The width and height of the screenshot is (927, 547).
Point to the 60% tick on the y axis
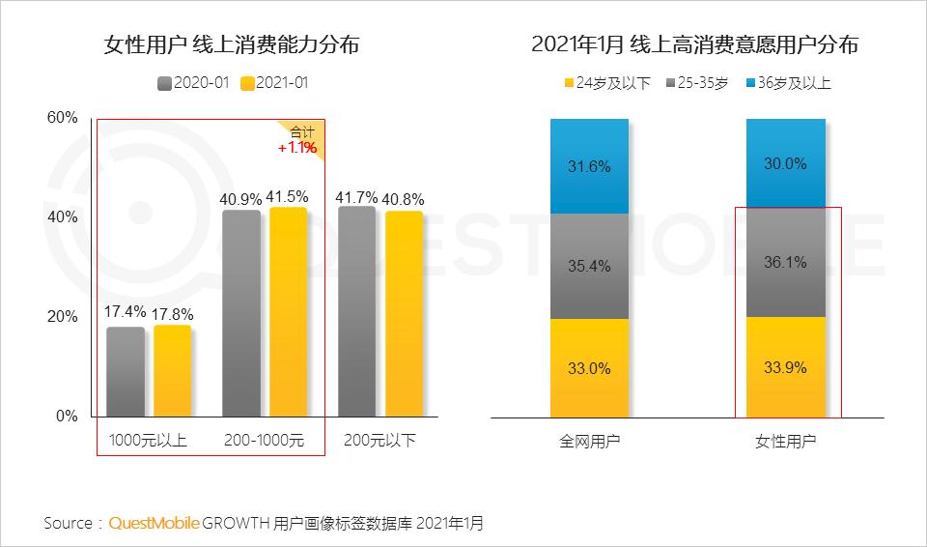pyautogui.click(x=62, y=118)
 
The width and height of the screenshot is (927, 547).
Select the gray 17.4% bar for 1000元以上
pyautogui.click(x=126, y=372)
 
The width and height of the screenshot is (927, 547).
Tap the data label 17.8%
pyautogui.click(x=173, y=312)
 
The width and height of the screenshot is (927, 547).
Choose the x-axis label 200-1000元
pyautogui.click(x=263, y=442)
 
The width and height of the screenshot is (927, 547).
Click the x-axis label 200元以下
pyautogui.click(x=379, y=442)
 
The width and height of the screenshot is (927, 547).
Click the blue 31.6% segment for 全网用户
pyautogui.click(x=589, y=166)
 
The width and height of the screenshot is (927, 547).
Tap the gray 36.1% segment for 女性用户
pyautogui.click(x=785, y=262)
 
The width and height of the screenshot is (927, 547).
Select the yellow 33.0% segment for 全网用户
pyautogui.click(x=589, y=368)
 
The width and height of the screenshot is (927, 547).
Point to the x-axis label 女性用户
pyautogui.click(x=785, y=442)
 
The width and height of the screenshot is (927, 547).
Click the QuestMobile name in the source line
pyautogui.click(x=154, y=523)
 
